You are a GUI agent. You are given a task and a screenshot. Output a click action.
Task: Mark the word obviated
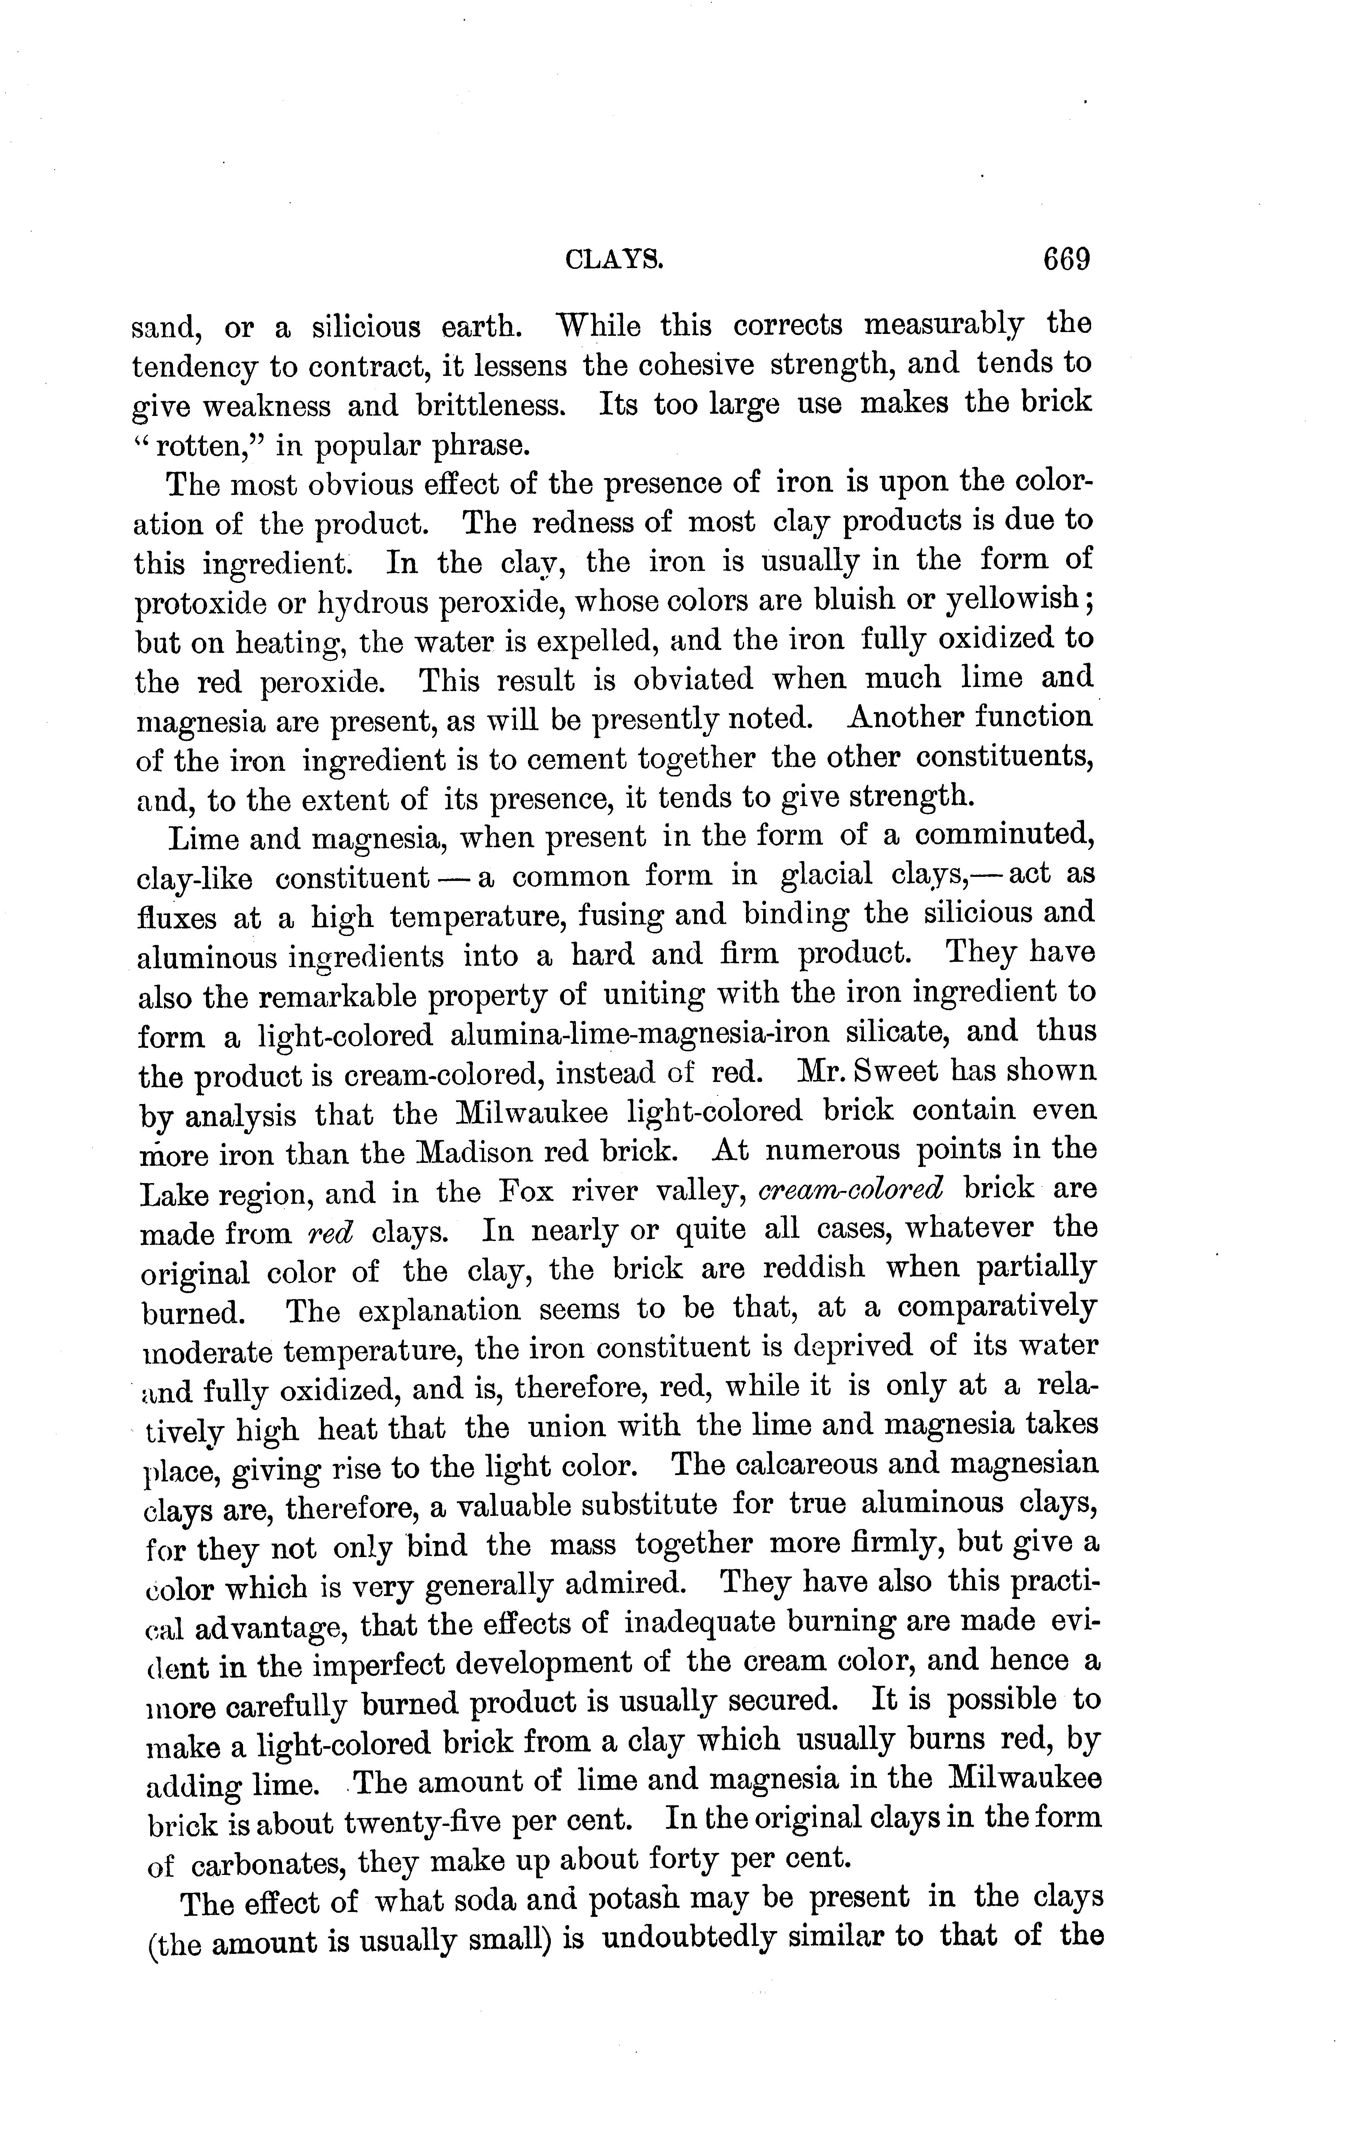click(693, 680)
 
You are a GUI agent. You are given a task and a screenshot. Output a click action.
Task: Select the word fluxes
click(176, 916)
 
